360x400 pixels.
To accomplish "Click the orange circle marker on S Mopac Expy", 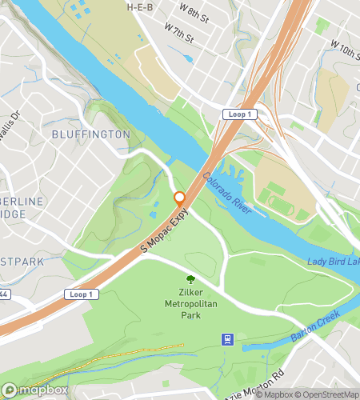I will [x=180, y=198].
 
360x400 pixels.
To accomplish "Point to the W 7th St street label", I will [x=179, y=36].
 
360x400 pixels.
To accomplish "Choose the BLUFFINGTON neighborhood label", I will [x=90, y=134].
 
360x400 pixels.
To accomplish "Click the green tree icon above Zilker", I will [x=191, y=279].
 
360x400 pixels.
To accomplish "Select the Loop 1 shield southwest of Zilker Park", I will [x=82, y=294].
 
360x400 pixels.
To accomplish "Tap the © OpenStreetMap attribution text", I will [x=327, y=394].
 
